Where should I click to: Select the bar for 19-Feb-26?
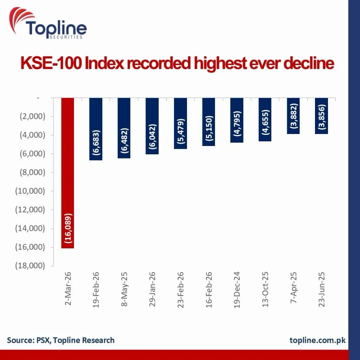(x=96, y=129)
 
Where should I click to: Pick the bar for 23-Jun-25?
(x=321, y=116)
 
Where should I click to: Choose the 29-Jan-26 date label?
(x=153, y=289)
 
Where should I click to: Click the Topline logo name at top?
(x=56, y=28)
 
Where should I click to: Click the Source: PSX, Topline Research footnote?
(x=60, y=340)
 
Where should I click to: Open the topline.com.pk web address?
(x=317, y=340)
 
